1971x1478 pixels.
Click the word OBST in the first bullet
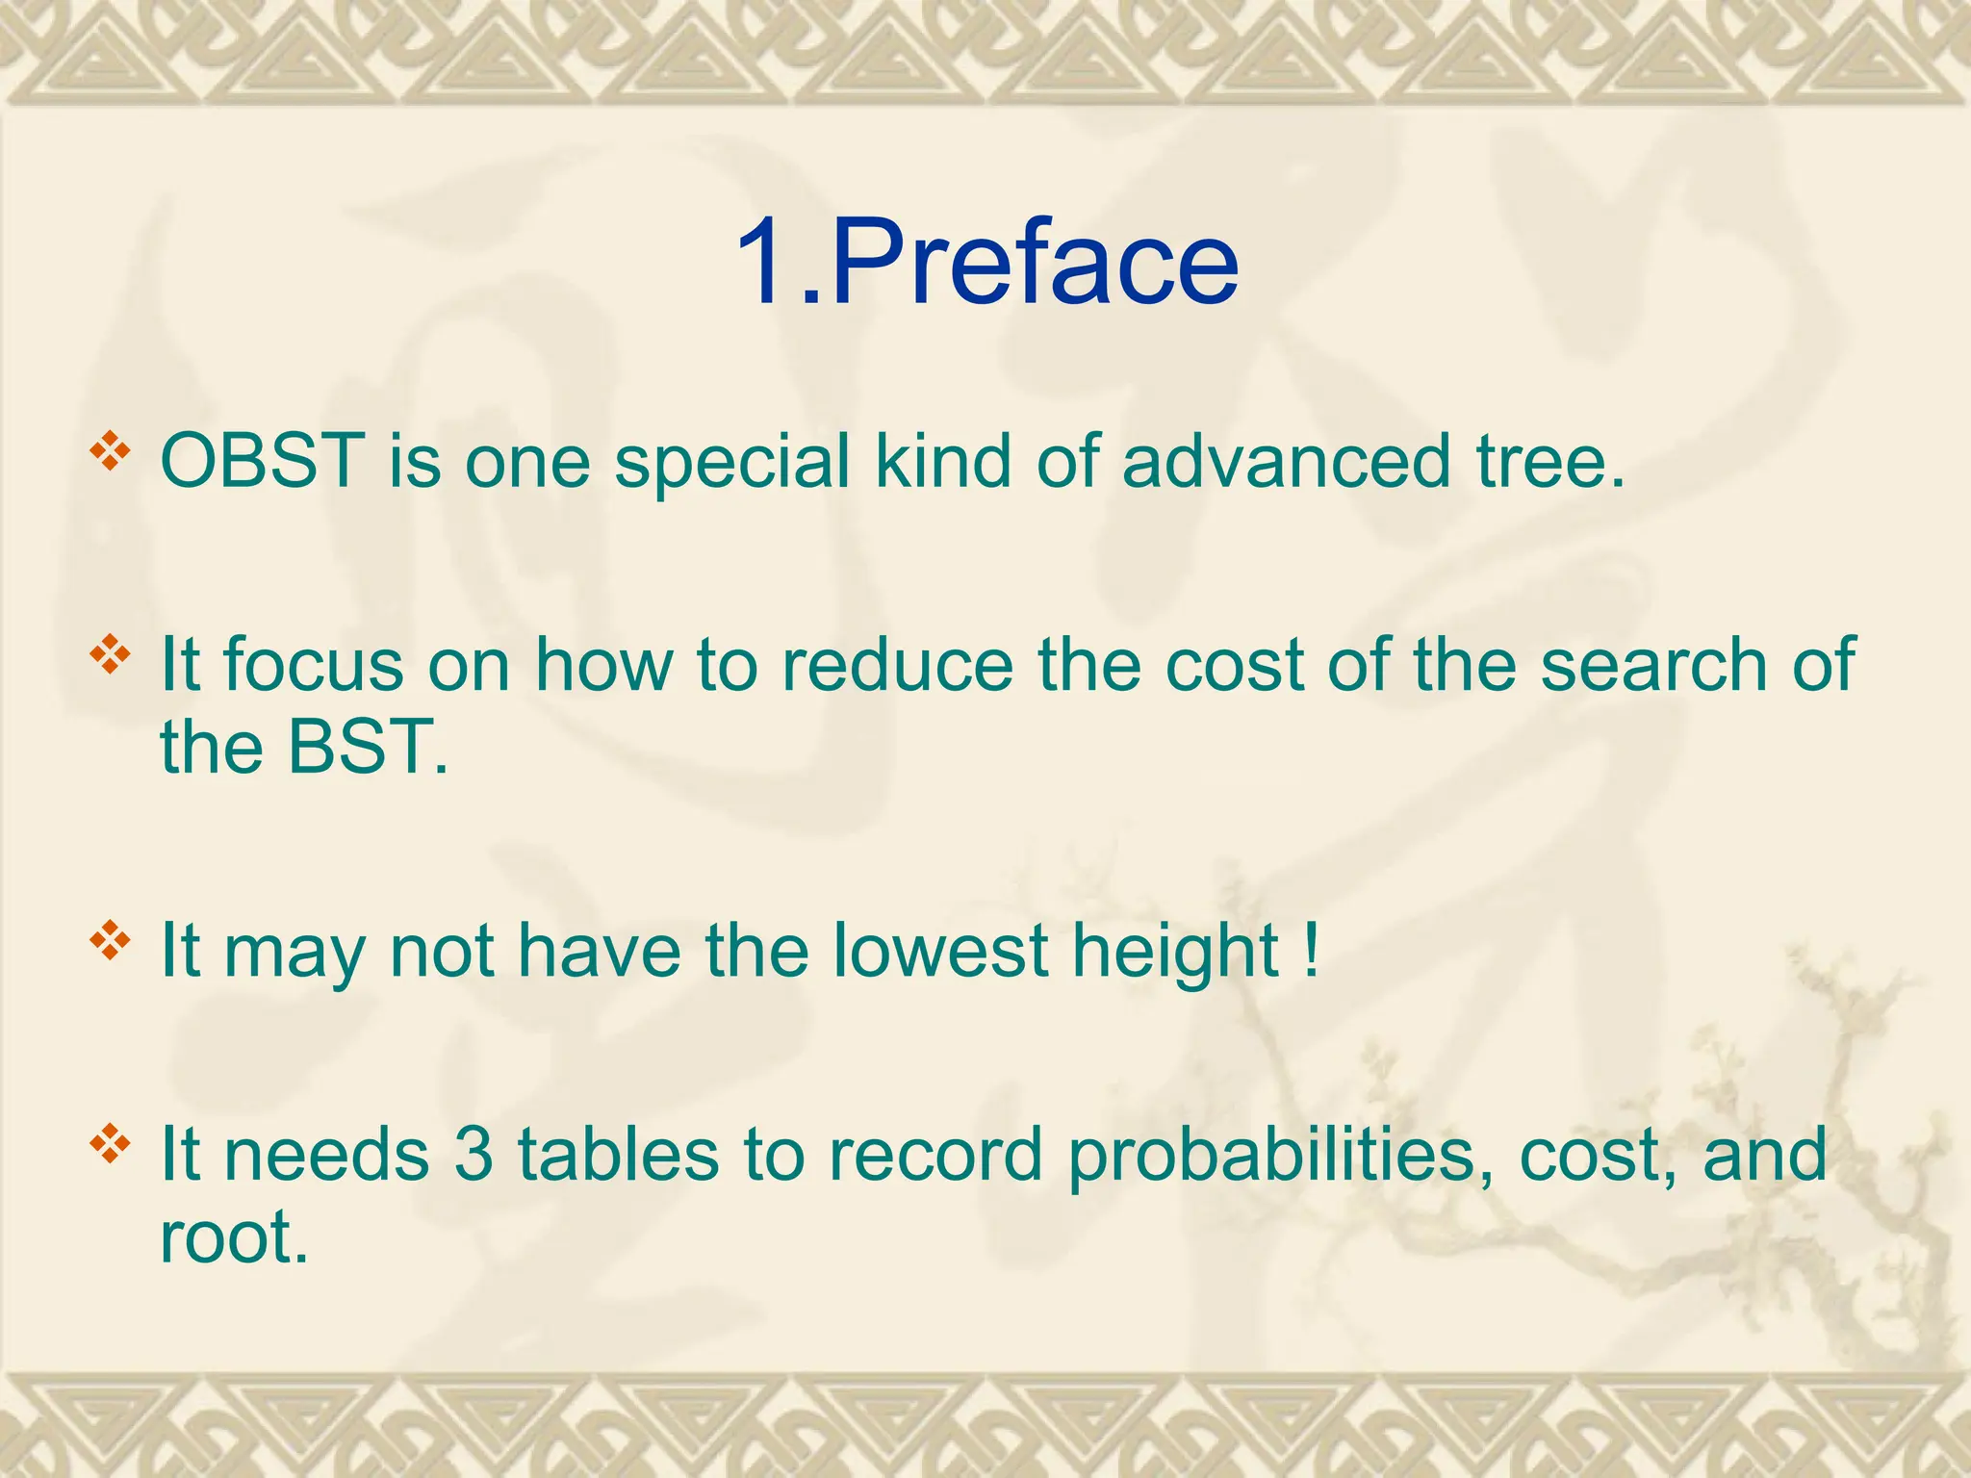coord(261,461)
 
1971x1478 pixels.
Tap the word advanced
coord(1286,461)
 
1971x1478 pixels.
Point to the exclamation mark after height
coord(1311,951)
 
